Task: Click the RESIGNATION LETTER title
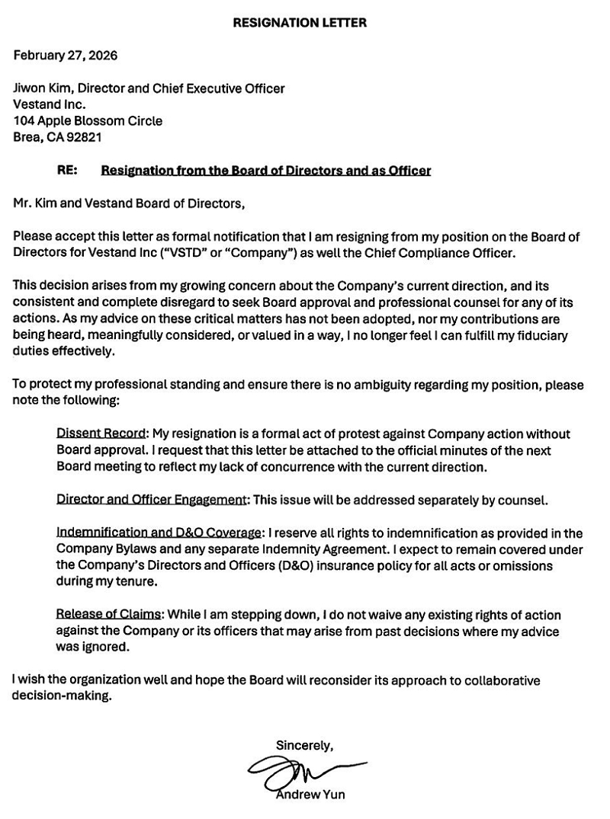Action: [300, 23]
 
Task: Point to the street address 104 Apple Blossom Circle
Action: [88, 120]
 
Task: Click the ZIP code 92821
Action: [83, 137]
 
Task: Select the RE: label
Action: [66, 171]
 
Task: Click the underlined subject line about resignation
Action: [266, 171]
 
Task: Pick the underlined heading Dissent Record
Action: [101, 433]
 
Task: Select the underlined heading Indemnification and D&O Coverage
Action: [160, 533]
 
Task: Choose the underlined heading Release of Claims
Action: [108, 614]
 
